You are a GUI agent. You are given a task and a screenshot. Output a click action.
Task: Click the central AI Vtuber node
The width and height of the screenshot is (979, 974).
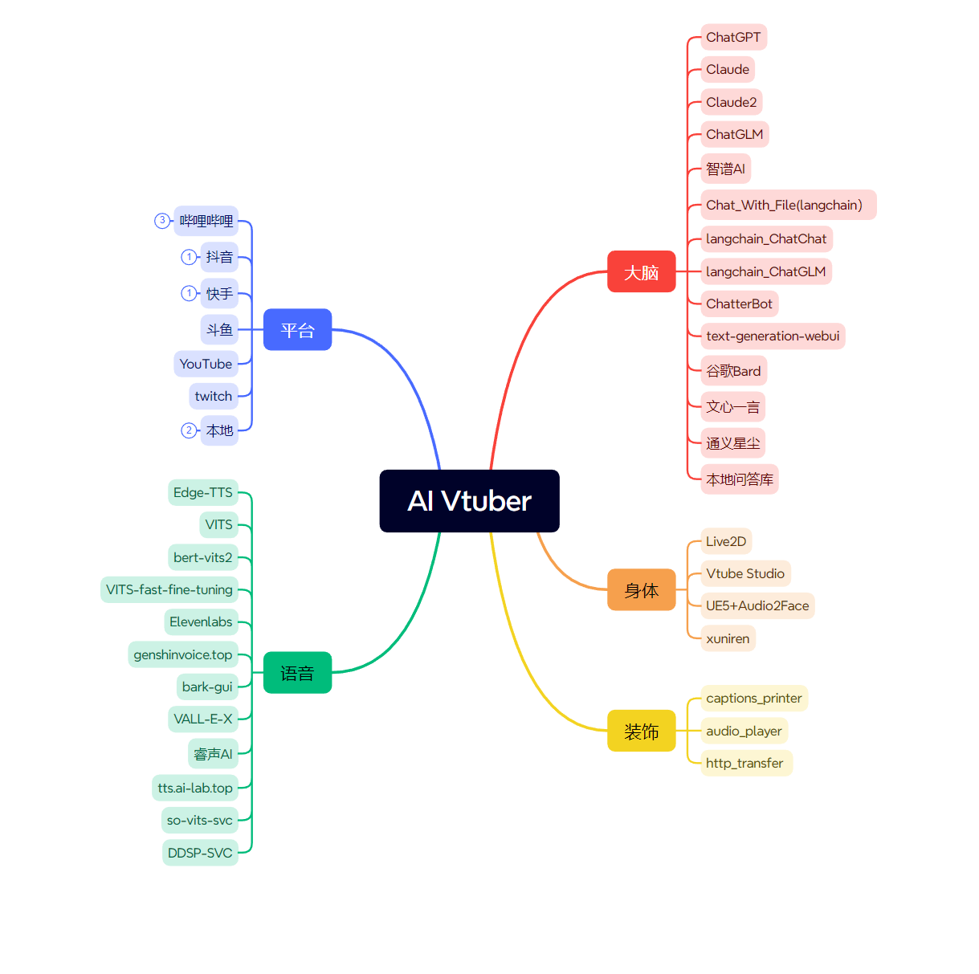pyautogui.click(x=469, y=501)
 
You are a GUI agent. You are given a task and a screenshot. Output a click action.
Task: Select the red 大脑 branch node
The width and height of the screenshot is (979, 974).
pyautogui.click(x=641, y=272)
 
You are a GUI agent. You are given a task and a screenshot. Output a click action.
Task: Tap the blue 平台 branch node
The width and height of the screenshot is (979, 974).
pyautogui.click(x=297, y=330)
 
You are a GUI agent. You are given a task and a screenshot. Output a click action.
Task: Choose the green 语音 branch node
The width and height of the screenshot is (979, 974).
pyautogui.click(x=297, y=673)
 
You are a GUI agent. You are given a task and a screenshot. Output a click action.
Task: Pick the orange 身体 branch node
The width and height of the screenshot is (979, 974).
pyautogui.click(x=641, y=590)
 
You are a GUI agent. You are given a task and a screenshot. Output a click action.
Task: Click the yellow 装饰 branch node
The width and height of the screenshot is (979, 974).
pyautogui.click(x=641, y=732)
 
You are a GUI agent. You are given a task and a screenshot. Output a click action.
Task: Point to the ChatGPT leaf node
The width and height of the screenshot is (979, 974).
pyautogui.click(x=733, y=37)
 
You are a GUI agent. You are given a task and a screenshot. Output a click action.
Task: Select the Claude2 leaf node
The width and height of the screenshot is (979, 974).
pyautogui.click(x=731, y=102)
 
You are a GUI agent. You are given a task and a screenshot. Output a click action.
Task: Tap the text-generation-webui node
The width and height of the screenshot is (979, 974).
pyautogui.click(x=773, y=336)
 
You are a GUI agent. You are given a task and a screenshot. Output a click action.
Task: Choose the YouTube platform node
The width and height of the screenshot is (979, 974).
pyautogui.click(x=206, y=364)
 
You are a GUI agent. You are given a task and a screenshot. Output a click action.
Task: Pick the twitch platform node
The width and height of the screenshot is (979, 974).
pyautogui.click(x=213, y=396)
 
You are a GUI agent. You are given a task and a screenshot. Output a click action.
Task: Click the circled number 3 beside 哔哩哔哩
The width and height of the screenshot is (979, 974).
pyautogui.click(x=162, y=220)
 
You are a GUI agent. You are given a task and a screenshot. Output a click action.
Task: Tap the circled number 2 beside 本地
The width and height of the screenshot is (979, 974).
pyautogui.click(x=189, y=430)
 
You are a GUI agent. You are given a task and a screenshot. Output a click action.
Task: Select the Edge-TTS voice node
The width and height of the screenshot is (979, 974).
pyautogui.click(x=202, y=492)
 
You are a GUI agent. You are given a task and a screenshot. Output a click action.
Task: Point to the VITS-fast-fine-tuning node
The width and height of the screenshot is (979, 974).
pyautogui.click(x=169, y=589)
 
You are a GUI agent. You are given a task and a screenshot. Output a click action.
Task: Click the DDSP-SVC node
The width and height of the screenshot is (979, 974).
pyautogui.click(x=200, y=853)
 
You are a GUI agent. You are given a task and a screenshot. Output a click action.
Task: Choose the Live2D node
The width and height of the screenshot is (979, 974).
pyautogui.click(x=726, y=541)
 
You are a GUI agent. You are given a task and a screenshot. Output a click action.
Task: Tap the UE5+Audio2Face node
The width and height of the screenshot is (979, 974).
pyautogui.click(x=757, y=605)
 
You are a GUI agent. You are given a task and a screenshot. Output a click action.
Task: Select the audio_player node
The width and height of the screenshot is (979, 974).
pyautogui.click(x=744, y=731)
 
